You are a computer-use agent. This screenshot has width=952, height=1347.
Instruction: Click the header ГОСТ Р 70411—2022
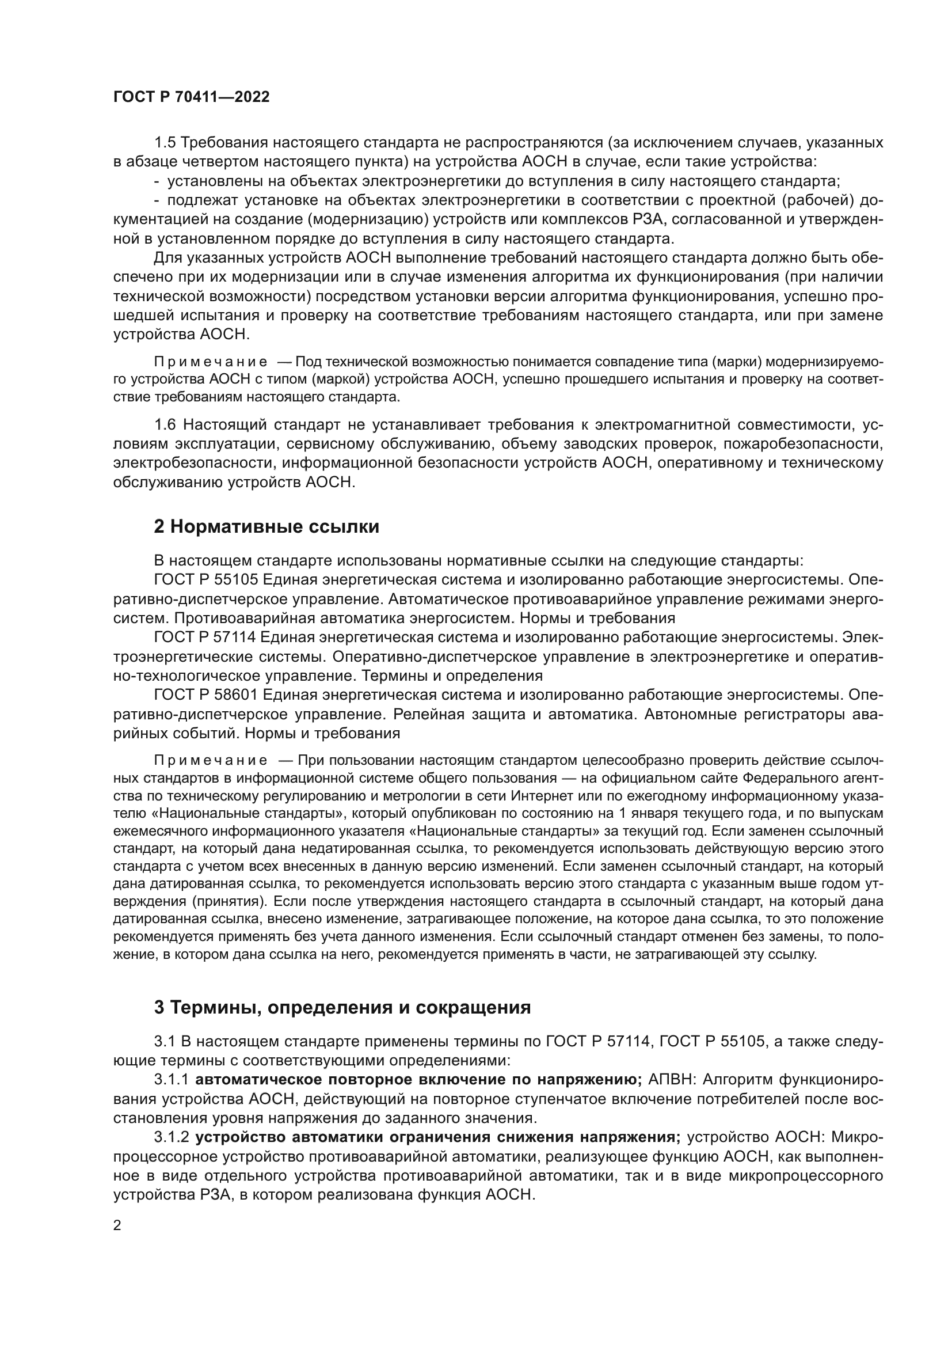click(x=191, y=97)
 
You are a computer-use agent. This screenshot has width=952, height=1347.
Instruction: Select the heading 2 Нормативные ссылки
click(x=266, y=527)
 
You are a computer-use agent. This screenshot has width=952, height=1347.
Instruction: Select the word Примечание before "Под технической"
click(x=211, y=362)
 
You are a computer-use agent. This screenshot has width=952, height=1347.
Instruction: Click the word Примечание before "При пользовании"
click(x=211, y=761)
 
